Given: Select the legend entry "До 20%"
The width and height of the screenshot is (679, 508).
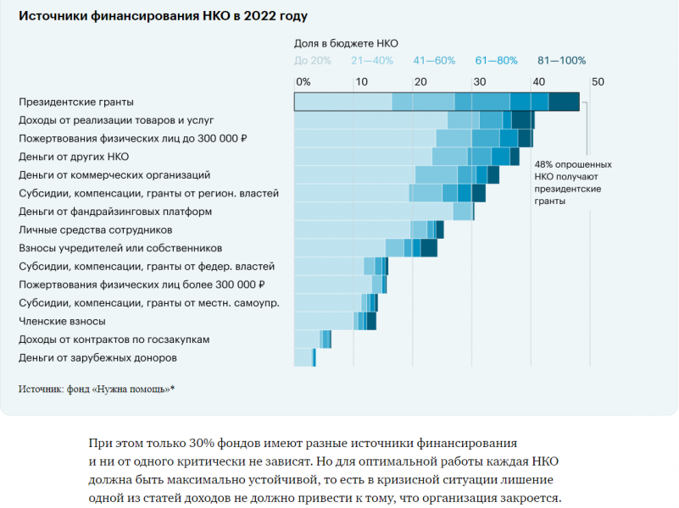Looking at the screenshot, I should coord(312,60).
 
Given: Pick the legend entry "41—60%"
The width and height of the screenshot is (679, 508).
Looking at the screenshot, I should coord(434,60).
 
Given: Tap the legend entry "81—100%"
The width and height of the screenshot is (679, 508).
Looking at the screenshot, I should coord(561,60).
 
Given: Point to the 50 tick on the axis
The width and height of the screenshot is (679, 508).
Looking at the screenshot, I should coord(598,82).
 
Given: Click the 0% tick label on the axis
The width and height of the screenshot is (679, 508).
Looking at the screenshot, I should coord(303,82).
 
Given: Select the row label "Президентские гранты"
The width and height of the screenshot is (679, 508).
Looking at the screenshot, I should coord(76,102).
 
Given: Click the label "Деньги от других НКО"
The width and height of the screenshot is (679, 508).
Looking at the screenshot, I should coord(75,157).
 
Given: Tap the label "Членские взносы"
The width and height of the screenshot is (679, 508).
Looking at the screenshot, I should coord(62,322).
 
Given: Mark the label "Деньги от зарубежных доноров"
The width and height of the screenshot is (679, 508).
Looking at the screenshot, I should coord(97,358).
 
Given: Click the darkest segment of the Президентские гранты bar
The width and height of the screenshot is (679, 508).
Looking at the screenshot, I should coord(564,102).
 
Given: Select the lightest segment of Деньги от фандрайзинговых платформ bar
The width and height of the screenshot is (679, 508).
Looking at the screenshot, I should coord(373,212).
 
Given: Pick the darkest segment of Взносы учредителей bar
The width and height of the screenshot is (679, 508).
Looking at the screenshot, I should coord(429,248).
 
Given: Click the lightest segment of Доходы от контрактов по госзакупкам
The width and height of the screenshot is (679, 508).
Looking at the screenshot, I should coord(306,340).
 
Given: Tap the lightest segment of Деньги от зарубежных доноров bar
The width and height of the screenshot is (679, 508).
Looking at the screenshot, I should coord(303,358).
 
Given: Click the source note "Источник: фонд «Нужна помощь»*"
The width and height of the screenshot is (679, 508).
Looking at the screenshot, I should coord(96,389).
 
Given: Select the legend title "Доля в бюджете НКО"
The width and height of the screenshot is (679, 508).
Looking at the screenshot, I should coord(346,42).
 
